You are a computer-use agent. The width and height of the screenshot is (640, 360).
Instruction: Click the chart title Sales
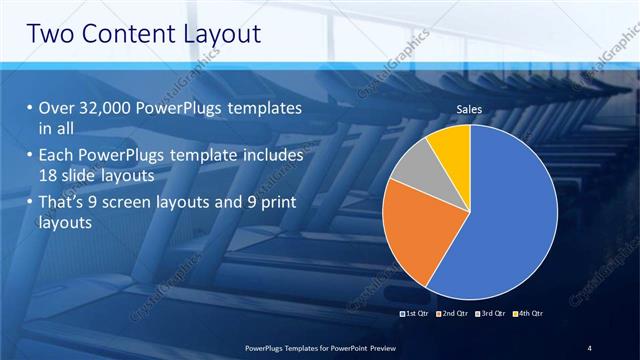[x=470, y=108]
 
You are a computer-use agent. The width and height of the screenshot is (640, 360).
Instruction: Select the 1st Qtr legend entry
[x=416, y=313]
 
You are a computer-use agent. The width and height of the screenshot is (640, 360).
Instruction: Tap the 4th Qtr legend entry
[x=531, y=313]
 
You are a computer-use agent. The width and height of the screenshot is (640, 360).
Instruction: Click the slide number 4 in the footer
[x=590, y=347]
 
